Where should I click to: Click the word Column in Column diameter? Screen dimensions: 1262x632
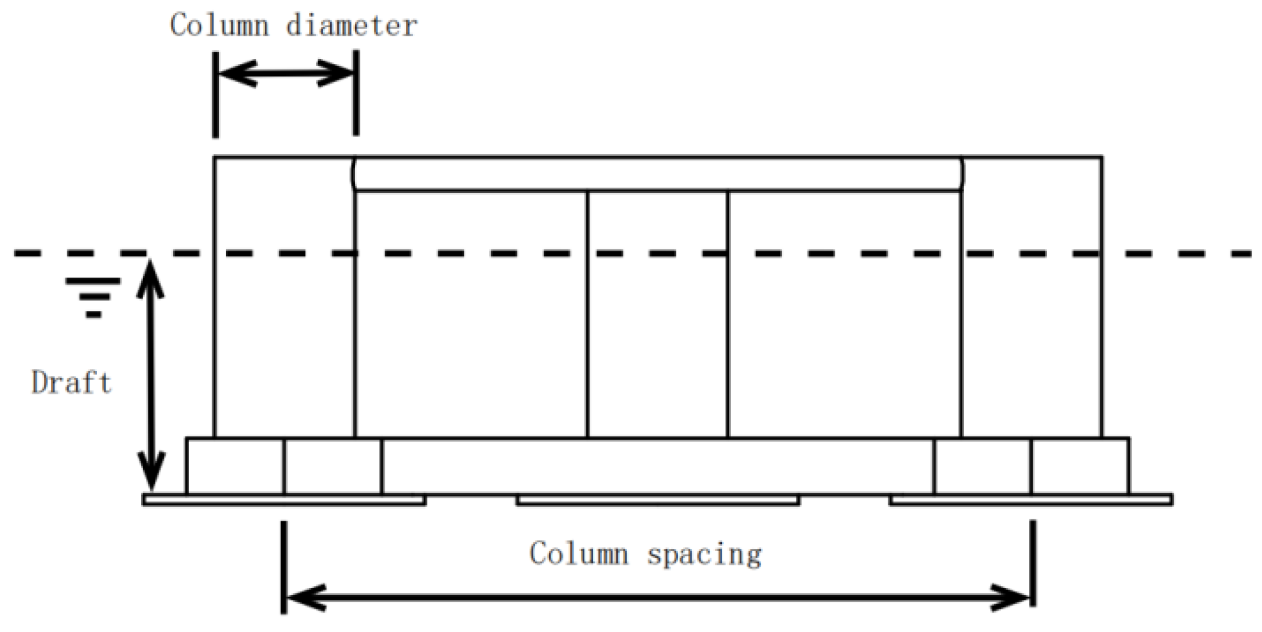pos(219,26)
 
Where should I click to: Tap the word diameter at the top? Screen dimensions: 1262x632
pos(352,26)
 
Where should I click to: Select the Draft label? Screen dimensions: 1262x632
pos(71,383)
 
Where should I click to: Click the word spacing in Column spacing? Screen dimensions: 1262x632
pos(704,554)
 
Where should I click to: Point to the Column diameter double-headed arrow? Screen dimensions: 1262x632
pos(286,74)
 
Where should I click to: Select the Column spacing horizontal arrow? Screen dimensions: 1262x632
pos(657,597)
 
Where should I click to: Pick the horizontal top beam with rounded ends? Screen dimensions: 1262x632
pos(657,174)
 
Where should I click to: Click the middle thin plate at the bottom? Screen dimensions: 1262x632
pos(657,500)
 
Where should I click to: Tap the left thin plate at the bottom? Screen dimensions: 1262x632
pos(284,500)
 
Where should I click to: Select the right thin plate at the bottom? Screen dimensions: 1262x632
pos(1030,500)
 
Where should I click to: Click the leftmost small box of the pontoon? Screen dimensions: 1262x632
pos(235,466)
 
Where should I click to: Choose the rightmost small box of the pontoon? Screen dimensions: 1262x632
pos(1080,466)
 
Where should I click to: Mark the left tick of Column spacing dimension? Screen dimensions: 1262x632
pos(284,567)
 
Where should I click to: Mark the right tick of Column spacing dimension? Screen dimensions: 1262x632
pos(1033,563)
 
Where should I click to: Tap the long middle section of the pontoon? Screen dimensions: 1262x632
pos(657,466)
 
